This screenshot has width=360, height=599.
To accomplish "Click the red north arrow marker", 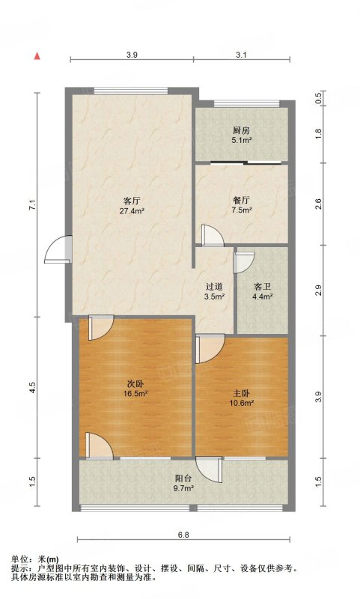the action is coord(37,55).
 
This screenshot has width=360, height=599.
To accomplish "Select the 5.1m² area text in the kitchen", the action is coord(241,140).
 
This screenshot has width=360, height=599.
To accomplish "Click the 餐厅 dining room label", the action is coord(241,200).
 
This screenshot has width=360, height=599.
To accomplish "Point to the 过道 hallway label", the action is coord(214,287).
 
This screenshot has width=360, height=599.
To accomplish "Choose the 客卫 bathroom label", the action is coord(262,287).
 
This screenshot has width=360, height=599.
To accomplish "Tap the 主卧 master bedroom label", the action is coord(242,393).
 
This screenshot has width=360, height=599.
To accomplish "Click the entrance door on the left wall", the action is coord(58,249).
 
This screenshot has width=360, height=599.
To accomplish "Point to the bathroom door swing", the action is coord(244,262).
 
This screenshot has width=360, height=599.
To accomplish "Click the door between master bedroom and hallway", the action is coord(210,349).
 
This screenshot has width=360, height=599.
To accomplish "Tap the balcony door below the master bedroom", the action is coord(209,470).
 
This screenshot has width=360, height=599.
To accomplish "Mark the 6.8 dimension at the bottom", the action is coord(183,535).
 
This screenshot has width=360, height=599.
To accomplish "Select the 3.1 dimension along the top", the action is coord(241,55).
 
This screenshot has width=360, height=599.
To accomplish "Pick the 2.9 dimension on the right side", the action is coord(319,291).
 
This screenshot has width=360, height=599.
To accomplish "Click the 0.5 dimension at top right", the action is coord(319,99).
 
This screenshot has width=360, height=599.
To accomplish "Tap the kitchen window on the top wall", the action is coord(247,103).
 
